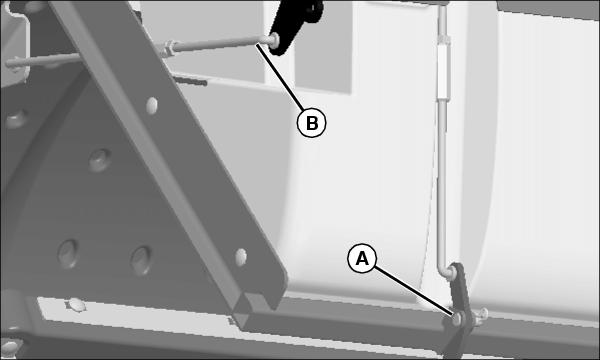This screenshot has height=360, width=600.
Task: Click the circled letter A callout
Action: pyautogui.click(x=362, y=258)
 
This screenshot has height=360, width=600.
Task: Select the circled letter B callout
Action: pyautogui.click(x=311, y=123)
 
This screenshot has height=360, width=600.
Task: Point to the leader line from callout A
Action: pyautogui.click(x=414, y=291)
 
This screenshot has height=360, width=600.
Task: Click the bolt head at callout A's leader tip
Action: pyautogui.click(x=457, y=318)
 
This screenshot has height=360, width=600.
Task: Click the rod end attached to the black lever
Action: pyautogui.click(x=274, y=39)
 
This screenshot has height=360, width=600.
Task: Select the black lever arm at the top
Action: pyautogui.click(x=295, y=25)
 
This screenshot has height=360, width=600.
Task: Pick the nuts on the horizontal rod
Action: pyautogui.click(x=168, y=49)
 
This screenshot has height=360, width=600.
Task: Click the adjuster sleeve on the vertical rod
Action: pyautogui.click(x=443, y=69)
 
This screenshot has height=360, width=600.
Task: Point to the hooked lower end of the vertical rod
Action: pyautogui.click(x=446, y=271)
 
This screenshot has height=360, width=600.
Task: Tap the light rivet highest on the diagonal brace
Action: pyautogui.click(x=152, y=105)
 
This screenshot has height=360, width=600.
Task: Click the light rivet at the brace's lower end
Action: pyautogui.click(x=241, y=257)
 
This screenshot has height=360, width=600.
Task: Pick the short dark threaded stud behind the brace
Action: pyautogui.click(x=190, y=81)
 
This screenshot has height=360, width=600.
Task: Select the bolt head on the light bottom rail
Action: pyautogui.click(x=76, y=305)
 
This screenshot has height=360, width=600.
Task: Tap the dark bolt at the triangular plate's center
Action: pyautogui.click(x=100, y=160)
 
